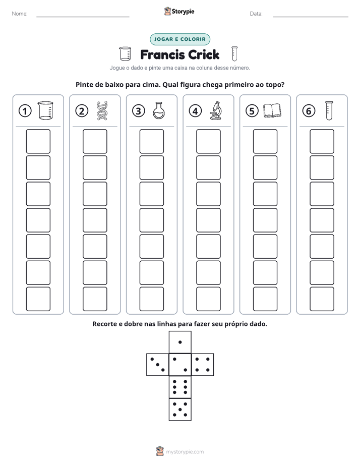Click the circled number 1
tap(25, 111)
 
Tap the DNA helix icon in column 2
tap(102, 110)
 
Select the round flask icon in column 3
tap(159, 110)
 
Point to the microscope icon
tap(216, 110)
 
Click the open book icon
tap(272, 110)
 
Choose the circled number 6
tap(309, 111)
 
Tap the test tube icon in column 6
tap(329, 110)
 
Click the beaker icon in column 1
tap(45, 110)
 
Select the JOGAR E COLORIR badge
tap(180, 39)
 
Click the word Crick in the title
tap(204, 54)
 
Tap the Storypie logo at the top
tap(179, 11)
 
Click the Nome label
tap(20, 14)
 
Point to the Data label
tap(256, 14)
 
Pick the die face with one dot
tap(180, 342)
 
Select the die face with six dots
tap(180, 387)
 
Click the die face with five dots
tap(180, 410)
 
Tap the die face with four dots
tap(203, 365)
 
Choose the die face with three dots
tap(158, 365)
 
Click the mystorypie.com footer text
tap(185, 452)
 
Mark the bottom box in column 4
tap(209, 299)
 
